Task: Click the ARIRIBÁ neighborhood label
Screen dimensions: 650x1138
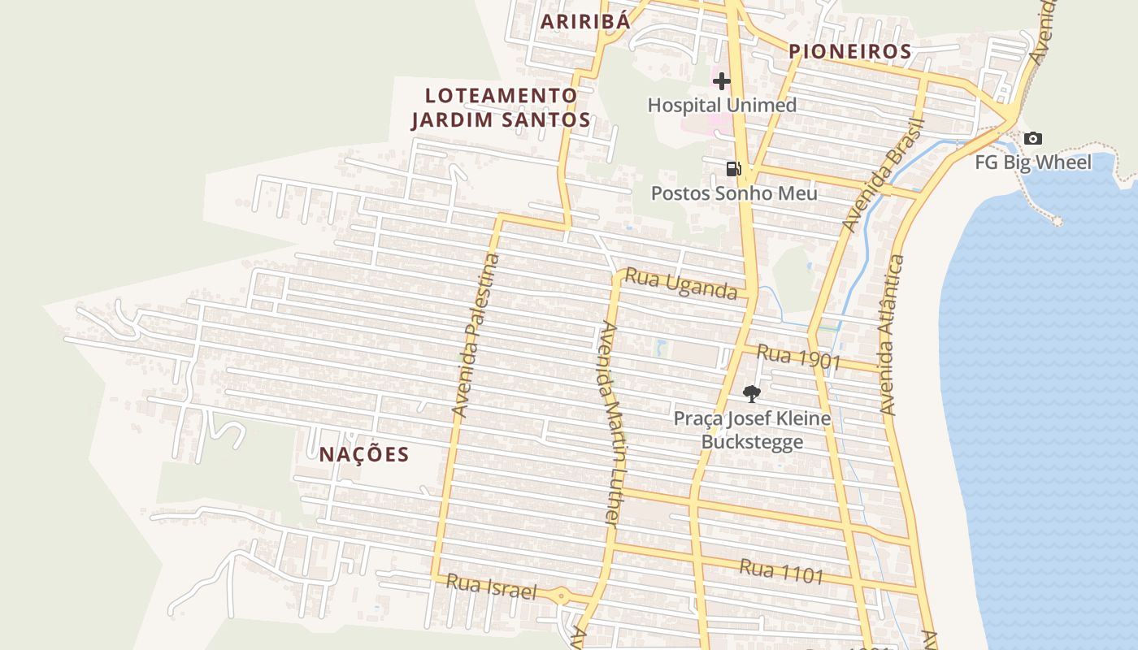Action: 585,21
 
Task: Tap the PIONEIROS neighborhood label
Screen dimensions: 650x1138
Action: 850,51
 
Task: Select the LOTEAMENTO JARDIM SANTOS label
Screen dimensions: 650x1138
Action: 501,107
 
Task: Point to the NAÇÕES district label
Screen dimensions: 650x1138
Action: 364,454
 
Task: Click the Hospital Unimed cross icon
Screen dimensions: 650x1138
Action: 721,80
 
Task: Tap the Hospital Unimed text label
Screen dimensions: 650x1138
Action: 722,105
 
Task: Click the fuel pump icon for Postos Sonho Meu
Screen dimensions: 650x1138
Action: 733,169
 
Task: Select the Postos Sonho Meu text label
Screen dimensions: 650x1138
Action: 734,193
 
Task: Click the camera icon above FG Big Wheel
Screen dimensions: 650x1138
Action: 1032,138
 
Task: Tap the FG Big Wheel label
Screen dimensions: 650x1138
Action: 1033,162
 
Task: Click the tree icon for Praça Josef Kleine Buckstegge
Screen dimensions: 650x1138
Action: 752,394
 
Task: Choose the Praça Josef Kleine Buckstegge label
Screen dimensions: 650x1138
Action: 752,430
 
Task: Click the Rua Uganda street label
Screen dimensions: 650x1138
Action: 680,284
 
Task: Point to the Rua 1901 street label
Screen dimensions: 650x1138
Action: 798,357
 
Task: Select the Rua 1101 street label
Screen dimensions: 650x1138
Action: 781,571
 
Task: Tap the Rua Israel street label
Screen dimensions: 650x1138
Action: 492,587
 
